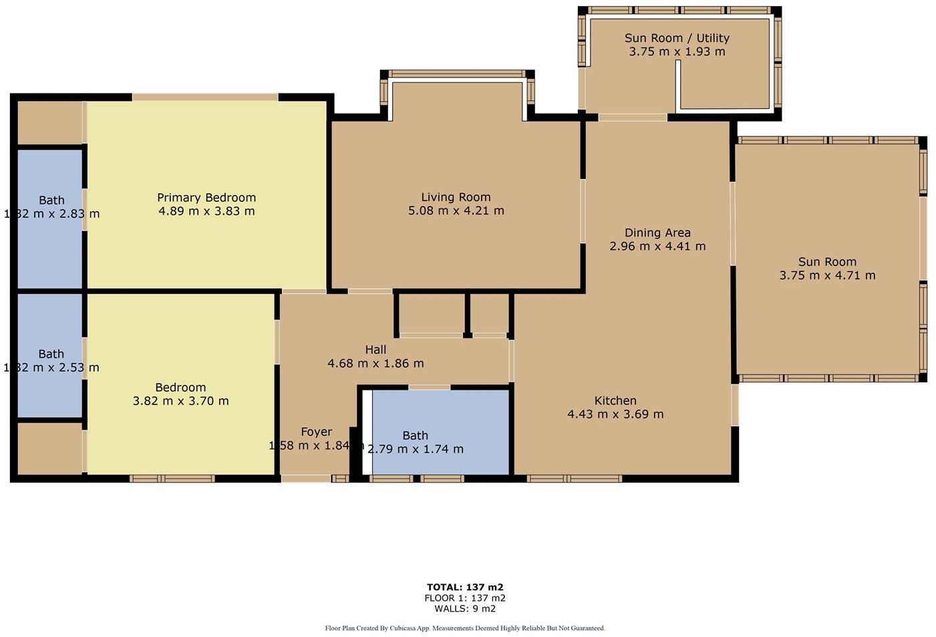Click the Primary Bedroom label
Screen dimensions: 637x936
(206, 197)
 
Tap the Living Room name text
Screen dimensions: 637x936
(456, 197)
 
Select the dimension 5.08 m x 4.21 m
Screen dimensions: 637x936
(456, 211)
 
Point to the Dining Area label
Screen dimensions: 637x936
(657, 233)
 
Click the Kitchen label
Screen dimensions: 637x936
(615, 400)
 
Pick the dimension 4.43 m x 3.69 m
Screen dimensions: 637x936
(615, 414)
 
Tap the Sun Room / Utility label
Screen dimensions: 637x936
(677, 38)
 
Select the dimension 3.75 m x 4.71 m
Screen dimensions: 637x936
(827, 275)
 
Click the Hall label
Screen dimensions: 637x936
(375, 350)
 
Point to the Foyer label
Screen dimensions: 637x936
(316, 432)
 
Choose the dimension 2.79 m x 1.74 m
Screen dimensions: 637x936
(416, 449)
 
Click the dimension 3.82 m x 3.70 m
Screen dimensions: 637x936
(180, 401)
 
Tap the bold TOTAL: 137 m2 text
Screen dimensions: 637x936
(465, 588)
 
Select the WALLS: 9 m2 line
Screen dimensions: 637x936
(465, 608)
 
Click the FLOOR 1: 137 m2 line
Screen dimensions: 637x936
(465, 598)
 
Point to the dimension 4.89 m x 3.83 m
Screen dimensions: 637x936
(206, 211)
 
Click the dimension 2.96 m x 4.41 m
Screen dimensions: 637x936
(657, 246)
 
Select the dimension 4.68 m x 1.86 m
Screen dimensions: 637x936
(375, 364)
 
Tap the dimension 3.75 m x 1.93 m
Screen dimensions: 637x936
(677, 51)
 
